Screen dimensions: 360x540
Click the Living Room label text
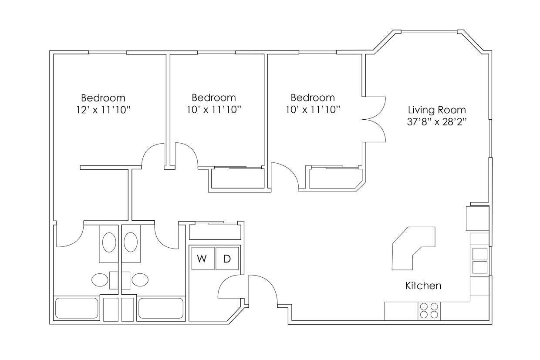click(436, 110)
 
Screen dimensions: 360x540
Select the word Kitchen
click(423, 286)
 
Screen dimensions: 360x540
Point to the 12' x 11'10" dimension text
click(103, 110)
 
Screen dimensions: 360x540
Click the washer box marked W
click(202, 259)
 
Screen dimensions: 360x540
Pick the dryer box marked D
click(227, 259)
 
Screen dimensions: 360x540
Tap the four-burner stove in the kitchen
click(429, 311)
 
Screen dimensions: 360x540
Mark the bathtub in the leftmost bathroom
click(77, 309)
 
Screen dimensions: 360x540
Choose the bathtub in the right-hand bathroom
click(160, 309)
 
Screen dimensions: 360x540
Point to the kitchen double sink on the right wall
click(480, 260)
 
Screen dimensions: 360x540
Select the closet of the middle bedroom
click(237, 178)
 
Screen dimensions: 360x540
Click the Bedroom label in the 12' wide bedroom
click(103, 98)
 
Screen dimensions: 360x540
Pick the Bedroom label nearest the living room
click(313, 98)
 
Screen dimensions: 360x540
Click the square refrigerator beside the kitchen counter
click(477, 218)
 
